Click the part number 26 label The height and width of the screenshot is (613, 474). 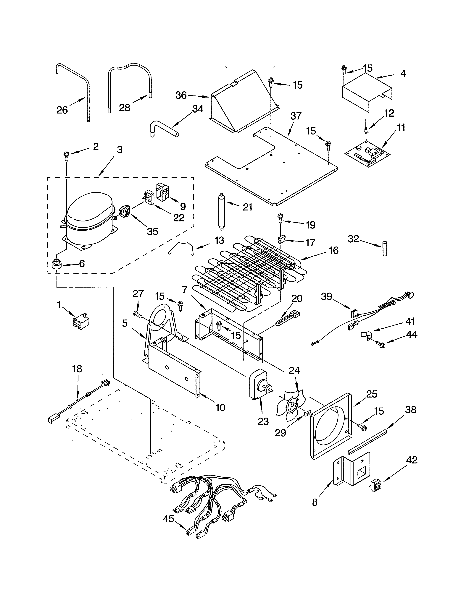coord(62,110)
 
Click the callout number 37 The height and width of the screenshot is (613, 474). coord(296,116)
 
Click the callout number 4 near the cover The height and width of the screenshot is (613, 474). coord(403,74)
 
